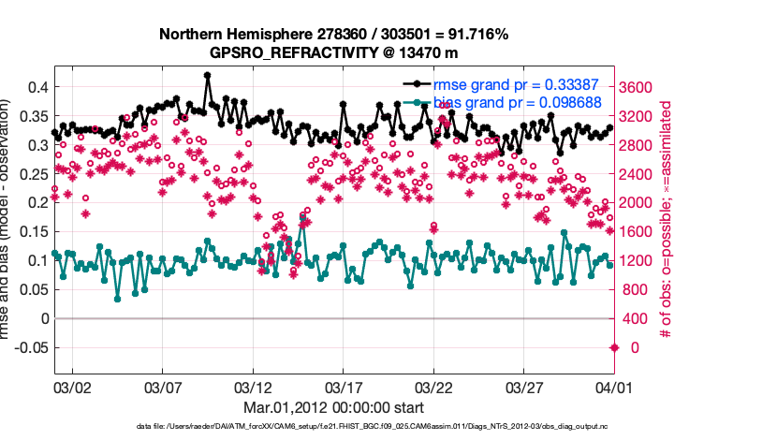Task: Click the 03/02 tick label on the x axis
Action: pyautogui.click(x=72, y=386)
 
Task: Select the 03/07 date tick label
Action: pyautogui.click(x=163, y=386)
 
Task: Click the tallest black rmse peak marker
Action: pyautogui.click(x=207, y=75)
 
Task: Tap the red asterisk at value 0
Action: pyautogui.click(x=614, y=347)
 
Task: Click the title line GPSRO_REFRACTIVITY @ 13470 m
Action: pyautogui.click(x=333, y=52)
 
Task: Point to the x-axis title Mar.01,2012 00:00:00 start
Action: pyautogui.click(x=333, y=407)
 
